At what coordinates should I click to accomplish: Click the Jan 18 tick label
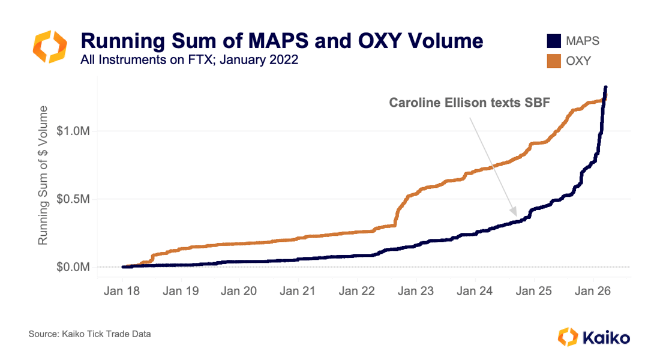point(122,291)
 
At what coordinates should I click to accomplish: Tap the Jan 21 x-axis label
point(299,291)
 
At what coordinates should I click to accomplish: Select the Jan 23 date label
point(416,291)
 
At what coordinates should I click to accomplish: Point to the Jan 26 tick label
point(593,291)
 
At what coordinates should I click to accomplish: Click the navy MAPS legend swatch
point(553,41)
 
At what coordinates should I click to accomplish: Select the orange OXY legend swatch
point(553,61)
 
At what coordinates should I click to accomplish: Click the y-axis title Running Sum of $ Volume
point(43,175)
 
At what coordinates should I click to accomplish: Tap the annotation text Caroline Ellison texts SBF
point(470,103)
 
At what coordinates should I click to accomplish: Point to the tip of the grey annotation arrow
point(515,215)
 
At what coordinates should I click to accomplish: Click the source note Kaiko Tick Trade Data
point(89,334)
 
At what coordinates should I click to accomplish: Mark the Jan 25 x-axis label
point(534,291)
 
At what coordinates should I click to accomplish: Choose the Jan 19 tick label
point(181,291)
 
